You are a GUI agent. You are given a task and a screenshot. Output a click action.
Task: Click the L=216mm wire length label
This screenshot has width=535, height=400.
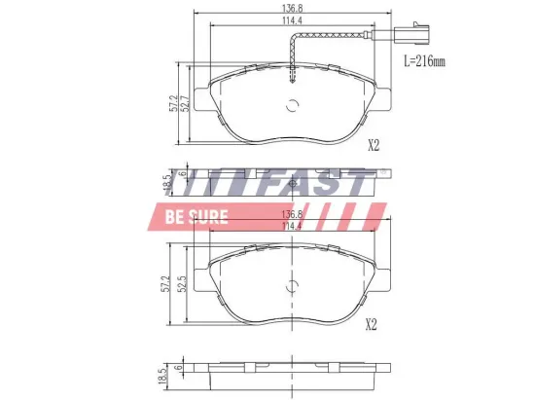click(424, 60)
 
